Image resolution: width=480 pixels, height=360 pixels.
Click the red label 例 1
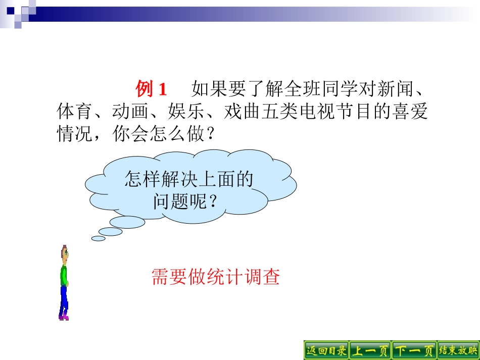pos(151,90)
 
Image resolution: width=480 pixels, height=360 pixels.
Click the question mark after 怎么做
pos(210,134)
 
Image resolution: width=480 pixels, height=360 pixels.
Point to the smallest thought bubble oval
pos(98,238)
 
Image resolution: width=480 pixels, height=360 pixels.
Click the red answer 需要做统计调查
pos(216,277)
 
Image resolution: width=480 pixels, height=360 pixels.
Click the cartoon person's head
pos(64,252)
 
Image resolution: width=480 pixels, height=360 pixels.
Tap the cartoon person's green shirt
pos(64,275)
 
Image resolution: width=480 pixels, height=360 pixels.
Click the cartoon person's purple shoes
pos(63,317)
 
